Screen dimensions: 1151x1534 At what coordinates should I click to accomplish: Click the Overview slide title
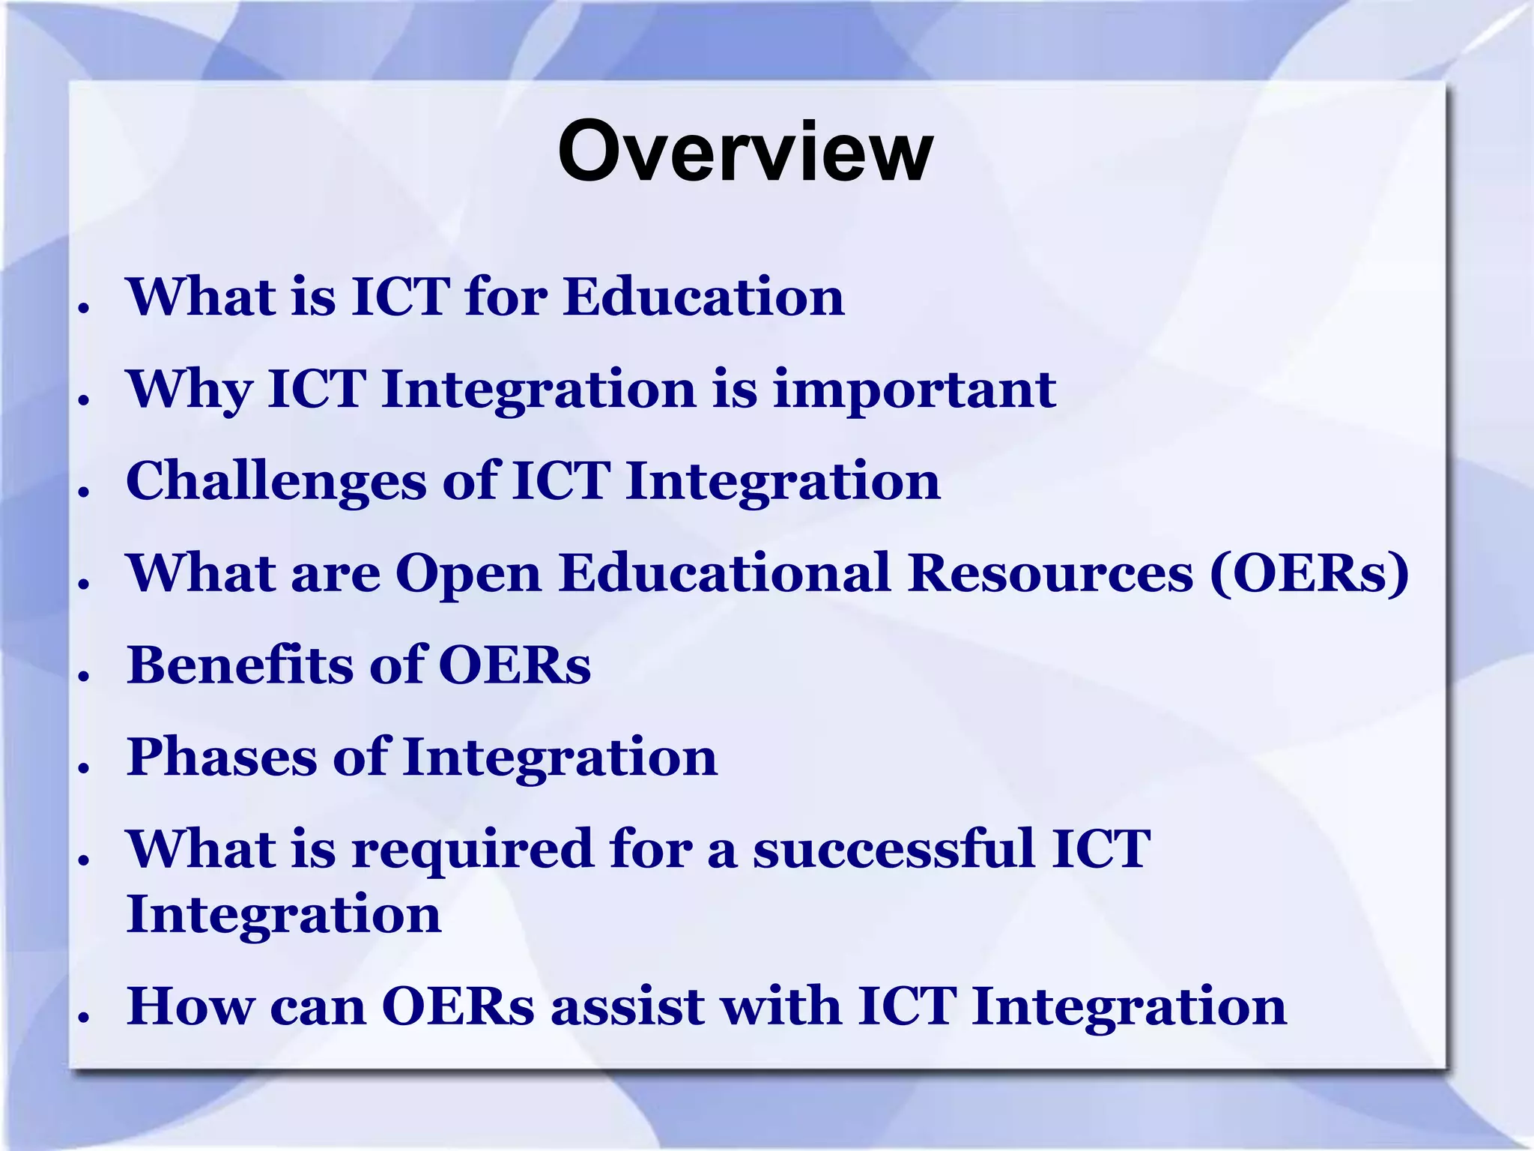[745, 152]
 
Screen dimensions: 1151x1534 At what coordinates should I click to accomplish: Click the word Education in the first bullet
[704, 297]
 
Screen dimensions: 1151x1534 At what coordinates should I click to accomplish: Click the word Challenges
[276, 483]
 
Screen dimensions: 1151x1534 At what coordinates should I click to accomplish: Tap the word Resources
[1050, 573]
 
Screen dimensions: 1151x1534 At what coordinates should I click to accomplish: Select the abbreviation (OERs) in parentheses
[1309, 574]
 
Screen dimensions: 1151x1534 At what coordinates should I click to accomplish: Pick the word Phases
[222, 758]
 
